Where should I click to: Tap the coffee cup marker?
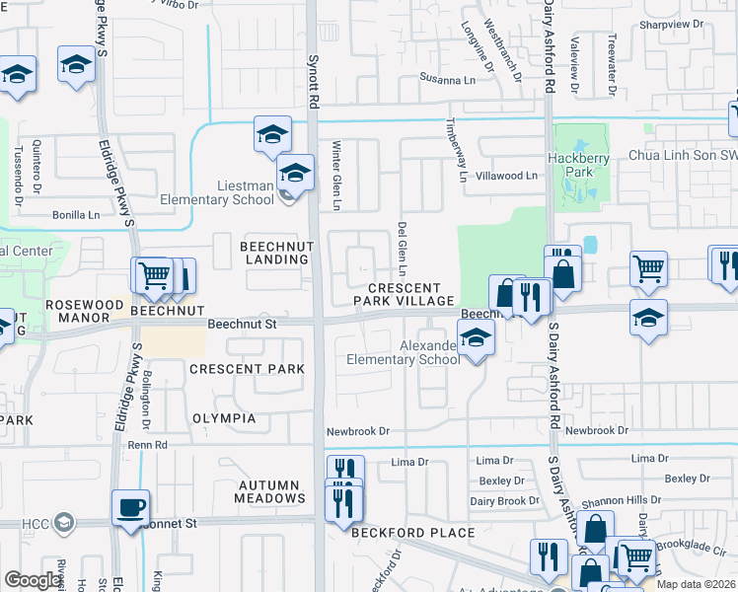[130, 510]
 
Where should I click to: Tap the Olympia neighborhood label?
[222, 418]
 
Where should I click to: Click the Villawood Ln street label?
[504, 176]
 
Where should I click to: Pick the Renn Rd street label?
[149, 445]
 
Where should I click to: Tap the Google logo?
[35, 579]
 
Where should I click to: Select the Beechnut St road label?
[244, 324]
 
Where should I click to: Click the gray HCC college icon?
[64, 522]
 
